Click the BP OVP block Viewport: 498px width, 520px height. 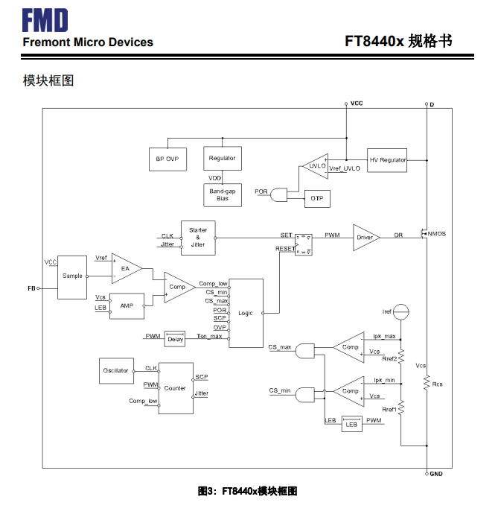point(167,159)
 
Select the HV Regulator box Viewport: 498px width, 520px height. point(388,159)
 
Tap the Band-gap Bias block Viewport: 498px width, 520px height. point(222,194)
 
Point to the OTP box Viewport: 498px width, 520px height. point(316,199)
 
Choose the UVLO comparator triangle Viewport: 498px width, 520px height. point(316,167)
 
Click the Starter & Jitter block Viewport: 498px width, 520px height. point(198,237)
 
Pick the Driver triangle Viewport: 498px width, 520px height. point(364,237)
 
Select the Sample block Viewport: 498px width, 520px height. point(72,276)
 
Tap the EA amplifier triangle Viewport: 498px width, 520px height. point(124,269)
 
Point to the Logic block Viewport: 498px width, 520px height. point(246,313)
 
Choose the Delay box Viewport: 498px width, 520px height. point(175,338)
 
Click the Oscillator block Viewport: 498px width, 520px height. point(115,370)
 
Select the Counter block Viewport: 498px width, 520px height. point(176,388)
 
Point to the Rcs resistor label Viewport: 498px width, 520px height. point(438,384)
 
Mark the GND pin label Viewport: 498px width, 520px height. point(436,474)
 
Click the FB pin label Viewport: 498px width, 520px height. point(31,288)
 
